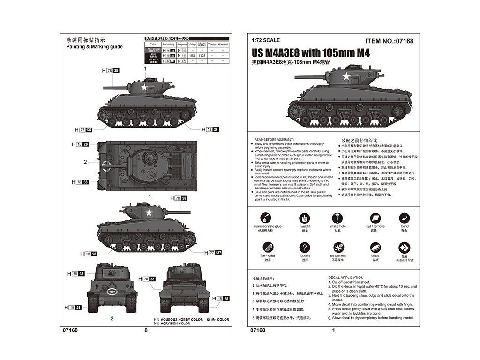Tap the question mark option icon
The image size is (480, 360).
coord(305,247)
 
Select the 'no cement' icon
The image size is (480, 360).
coord(338,247)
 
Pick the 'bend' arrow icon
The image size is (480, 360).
coord(405,218)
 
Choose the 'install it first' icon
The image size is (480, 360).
coord(404,247)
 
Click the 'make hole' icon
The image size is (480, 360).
coord(337,218)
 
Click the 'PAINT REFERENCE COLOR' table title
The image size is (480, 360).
coord(167,38)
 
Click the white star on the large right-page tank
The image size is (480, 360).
coord(346,77)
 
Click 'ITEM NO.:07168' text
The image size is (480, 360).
coord(389,41)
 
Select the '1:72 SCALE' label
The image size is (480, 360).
coord(262,41)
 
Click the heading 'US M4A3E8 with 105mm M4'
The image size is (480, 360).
coord(310,53)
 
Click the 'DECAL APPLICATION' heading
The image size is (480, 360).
coord(346,277)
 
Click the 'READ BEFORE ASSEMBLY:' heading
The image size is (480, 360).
coord(273,140)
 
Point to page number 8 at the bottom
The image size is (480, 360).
coord(146,330)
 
